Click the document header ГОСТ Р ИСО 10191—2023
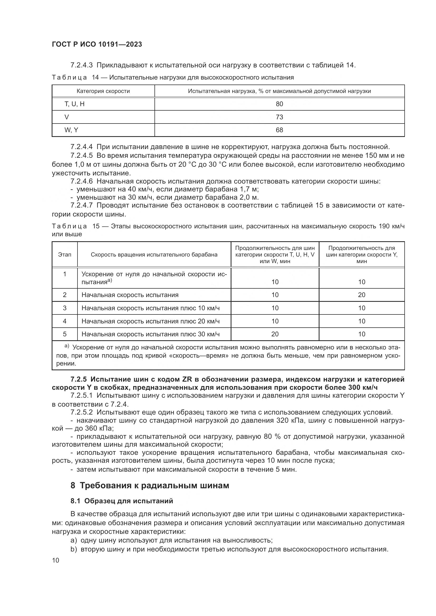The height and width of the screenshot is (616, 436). point(97,44)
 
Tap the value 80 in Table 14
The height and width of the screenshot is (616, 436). point(279,104)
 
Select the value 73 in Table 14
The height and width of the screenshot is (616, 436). point(279,117)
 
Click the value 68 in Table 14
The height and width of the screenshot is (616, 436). point(279,130)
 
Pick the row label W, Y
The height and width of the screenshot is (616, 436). point(71,130)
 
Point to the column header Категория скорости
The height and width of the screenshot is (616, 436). point(103,91)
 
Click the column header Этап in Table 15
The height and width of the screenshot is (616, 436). point(65,255)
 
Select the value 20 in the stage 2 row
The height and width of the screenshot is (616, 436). point(361,295)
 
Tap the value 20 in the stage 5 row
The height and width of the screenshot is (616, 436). point(275,334)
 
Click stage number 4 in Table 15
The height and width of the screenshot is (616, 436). point(65,321)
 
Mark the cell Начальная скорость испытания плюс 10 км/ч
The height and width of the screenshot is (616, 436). point(150,308)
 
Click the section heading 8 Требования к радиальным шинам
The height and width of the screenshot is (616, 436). point(150,486)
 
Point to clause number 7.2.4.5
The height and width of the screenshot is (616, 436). point(82,156)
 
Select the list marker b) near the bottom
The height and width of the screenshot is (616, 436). point(74,549)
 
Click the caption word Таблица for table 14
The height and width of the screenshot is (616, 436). point(69,77)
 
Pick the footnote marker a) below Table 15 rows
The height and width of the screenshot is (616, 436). point(67,346)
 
